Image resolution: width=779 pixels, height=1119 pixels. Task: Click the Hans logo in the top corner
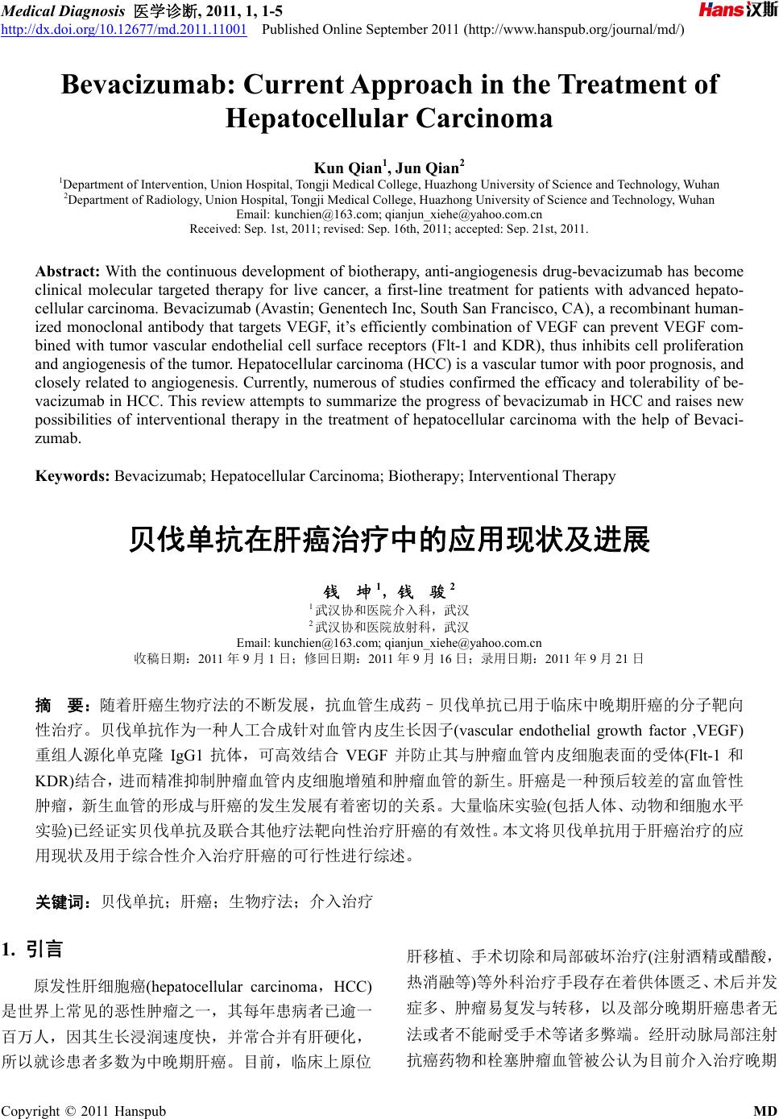(x=736, y=11)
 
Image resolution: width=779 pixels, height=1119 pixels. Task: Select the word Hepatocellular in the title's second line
(x=316, y=119)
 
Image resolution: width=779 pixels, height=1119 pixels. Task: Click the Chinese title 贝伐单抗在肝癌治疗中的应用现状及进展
(x=389, y=541)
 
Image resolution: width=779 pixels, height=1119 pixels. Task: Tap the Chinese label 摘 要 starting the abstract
(x=61, y=707)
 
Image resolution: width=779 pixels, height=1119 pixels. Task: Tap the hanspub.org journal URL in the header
(x=574, y=30)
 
